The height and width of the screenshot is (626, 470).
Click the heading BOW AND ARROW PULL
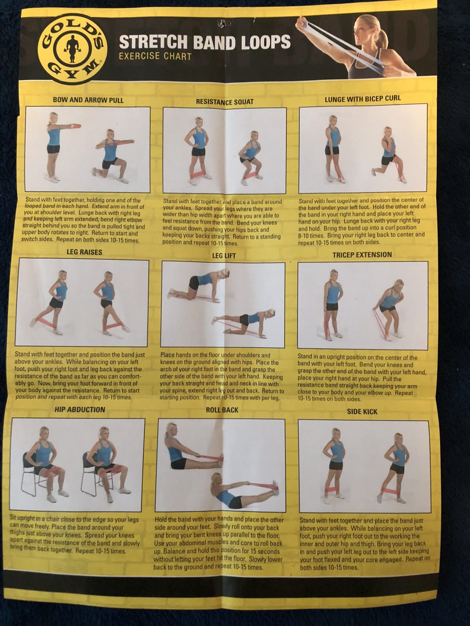(x=88, y=100)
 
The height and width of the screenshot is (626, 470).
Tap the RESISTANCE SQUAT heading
(x=225, y=102)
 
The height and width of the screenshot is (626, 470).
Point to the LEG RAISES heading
(x=84, y=252)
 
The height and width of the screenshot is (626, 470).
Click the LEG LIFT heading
(x=224, y=256)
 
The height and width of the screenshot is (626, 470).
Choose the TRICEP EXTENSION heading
(x=362, y=255)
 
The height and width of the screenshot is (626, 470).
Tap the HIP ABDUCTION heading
(x=80, y=410)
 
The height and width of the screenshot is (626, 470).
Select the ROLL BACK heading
(x=222, y=410)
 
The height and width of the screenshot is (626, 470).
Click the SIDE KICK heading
(x=362, y=411)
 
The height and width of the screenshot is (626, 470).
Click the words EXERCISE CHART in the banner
(x=155, y=56)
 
